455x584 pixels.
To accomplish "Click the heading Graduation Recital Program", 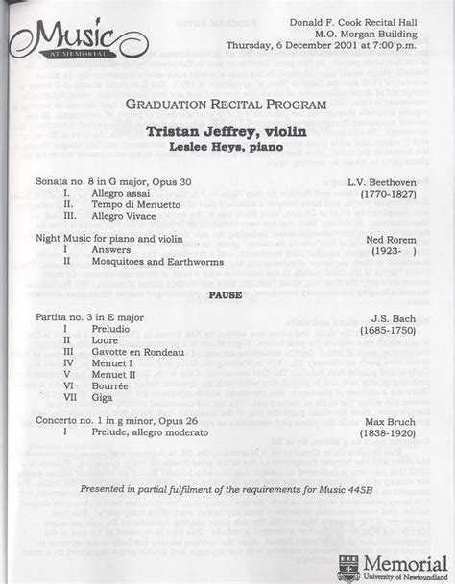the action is tap(229, 103).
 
